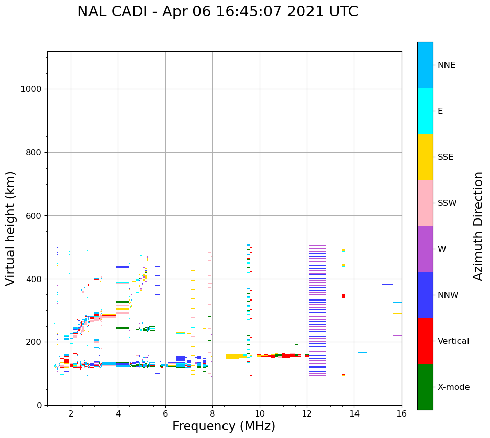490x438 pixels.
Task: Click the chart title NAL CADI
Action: (217, 12)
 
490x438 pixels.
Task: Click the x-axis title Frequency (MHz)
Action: (224, 426)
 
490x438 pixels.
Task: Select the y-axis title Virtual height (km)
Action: (11, 228)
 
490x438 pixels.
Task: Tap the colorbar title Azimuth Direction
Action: (478, 225)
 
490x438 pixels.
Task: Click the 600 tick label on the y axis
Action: (34, 216)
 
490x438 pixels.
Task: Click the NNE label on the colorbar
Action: (446, 65)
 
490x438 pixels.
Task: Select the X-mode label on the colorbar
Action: (453, 387)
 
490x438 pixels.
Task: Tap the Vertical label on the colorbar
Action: (453, 341)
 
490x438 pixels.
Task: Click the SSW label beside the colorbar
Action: (447, 203)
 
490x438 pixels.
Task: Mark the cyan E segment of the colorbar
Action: (425, 111)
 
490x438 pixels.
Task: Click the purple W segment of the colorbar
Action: (425, 249)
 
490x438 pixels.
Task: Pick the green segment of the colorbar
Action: (425, 387)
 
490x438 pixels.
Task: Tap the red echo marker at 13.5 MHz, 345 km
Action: (344, 296)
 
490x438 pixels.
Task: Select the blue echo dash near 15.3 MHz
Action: (387, 285)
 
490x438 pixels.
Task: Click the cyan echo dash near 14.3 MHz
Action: (362, 352)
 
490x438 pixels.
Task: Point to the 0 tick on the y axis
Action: (40, 405)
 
